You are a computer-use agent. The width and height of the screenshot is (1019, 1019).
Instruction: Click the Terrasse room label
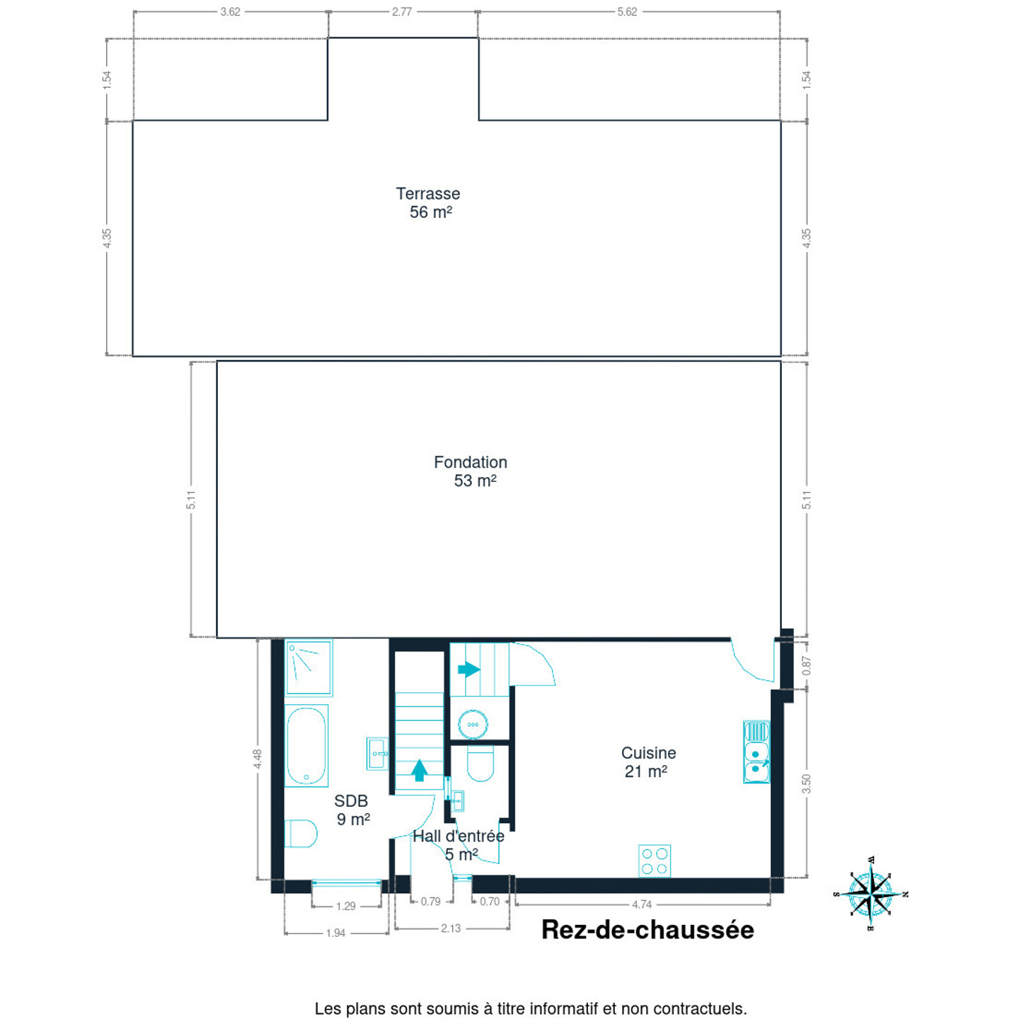(x=428, y=202)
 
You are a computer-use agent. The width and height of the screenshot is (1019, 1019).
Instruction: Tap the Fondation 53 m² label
(x=470, y=471)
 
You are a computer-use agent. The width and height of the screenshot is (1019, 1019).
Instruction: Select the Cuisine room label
(x=647, y=762)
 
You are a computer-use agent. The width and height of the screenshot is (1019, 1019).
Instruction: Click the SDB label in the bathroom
(x=352, y=810)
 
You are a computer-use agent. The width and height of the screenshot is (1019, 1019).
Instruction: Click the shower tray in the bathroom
(x=309, y=667)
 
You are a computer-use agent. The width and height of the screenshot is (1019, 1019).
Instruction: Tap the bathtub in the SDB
(x=306, y=746)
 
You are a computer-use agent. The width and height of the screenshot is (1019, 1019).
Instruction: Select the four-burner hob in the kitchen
(x=654, y=861)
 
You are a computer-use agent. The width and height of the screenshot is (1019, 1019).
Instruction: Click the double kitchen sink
(x=756, y=752)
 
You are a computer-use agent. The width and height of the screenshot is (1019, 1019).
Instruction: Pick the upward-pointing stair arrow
(x=420, y=771)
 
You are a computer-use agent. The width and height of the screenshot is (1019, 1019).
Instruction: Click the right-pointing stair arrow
(x=468, y=669)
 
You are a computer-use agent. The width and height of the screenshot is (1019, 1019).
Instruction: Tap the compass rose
(x=870, y=894)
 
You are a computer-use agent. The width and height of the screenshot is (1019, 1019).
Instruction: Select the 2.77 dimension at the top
(x=402, y=11)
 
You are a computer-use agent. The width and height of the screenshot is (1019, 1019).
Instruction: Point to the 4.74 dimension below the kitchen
(x=641, y=905)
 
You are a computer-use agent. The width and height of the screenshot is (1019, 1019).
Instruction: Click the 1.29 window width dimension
(x=346, y=906)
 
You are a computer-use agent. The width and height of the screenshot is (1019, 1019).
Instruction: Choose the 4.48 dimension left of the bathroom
(x=258, y=759)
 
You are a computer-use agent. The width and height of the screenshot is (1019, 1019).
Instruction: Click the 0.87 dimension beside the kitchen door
(x=806, y=666)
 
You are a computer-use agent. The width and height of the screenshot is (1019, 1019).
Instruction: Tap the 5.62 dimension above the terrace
(x=627, y=11)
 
